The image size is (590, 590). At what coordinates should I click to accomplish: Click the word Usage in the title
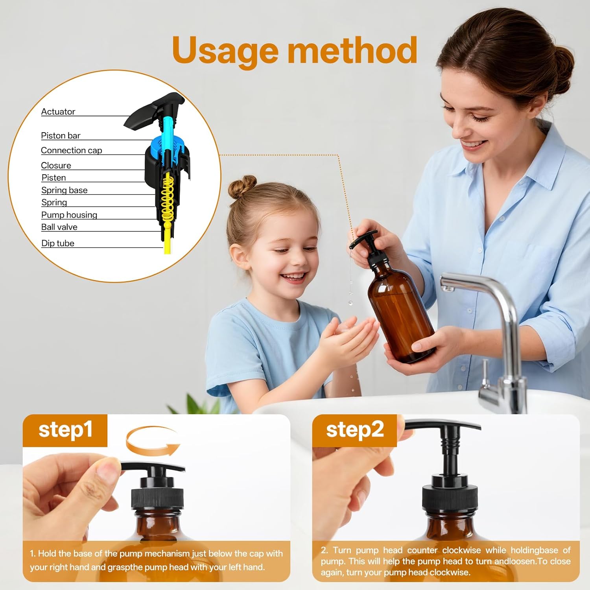(225, 51)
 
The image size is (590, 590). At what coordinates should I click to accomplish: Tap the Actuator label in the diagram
(58, 112)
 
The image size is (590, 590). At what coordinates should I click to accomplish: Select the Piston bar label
(61, 136)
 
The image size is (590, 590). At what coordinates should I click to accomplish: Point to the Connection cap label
(71, 150)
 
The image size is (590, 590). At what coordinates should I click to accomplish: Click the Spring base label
(65, 190)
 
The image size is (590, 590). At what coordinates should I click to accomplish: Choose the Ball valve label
(59, 227)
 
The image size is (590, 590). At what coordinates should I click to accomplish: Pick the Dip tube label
(58, 243)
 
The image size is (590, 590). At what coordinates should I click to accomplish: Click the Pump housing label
(69, 215)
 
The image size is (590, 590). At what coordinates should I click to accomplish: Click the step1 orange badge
(65, 430)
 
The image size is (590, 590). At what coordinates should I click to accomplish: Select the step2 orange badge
(355, 430)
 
